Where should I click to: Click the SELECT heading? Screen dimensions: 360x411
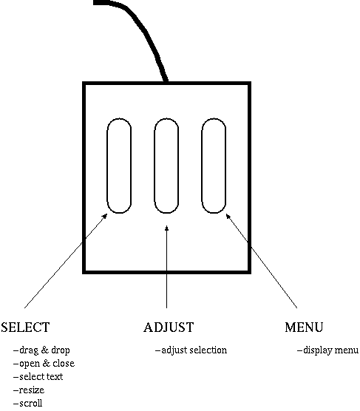(x=25, y=327)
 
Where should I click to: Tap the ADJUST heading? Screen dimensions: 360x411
(x=169, y=327)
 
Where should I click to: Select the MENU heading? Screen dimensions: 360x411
(x=304, y=327)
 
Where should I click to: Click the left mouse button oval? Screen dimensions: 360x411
(x=106, y=166)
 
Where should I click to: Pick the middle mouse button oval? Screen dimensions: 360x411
(x=154, y=166)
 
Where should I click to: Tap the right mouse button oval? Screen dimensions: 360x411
(x=202, y=166)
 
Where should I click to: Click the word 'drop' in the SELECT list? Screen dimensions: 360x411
(x=61, y=350)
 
